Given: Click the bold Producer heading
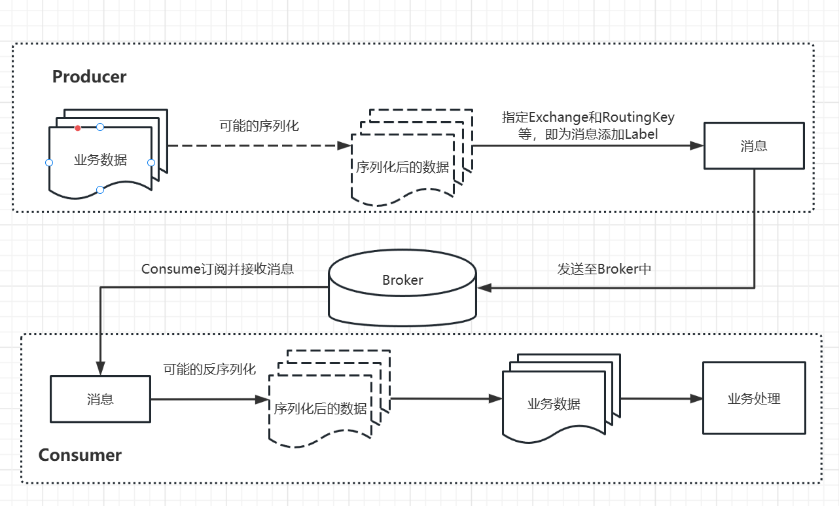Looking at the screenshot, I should point(89,77).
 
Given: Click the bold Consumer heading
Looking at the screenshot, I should point(80,455).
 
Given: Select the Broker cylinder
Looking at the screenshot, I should point(402,288).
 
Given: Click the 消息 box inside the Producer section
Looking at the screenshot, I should point(753,146).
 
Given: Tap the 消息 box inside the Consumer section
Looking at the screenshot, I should point(100,399).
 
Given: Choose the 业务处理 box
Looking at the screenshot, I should point(753,398).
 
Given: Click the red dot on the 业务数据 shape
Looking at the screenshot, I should point(78,127).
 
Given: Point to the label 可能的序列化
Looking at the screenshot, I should point(259,126).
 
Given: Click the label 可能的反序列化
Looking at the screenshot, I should point(209,369).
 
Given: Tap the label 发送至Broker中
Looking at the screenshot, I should point(604,269).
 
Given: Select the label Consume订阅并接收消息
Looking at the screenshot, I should point(218,268).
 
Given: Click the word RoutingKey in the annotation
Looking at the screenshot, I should point(638,118).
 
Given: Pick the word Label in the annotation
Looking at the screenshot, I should point(641,134).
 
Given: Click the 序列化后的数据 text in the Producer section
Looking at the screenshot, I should point(402,167).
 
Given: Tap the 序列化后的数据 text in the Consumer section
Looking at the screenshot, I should point(320,409).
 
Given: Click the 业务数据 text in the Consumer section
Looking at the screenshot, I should point(554,404).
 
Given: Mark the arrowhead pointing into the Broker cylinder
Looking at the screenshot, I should point(485,287).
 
